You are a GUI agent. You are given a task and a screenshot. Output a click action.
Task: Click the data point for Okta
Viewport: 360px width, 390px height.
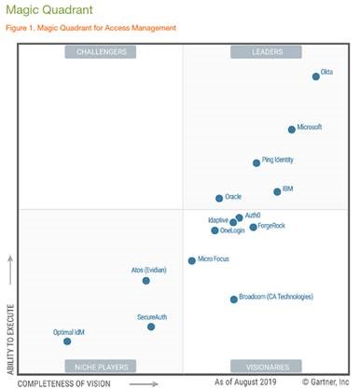pyautogui.click(x=316, y=77)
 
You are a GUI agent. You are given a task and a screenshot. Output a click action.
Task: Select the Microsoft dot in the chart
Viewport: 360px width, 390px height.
pyautogui.click(x=292, y=130)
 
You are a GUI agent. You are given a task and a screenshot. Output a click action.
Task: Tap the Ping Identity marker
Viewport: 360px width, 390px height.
pyautogui.click(x=256, y=163)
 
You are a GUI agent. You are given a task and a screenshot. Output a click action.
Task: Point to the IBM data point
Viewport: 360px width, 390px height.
pyautogui.click(x=277, y=191)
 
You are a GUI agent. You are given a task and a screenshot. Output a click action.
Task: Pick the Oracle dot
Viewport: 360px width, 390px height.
pyautogui.click(x=219, y=198)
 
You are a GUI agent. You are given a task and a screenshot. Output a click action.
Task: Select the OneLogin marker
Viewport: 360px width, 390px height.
pyautogui.click(x=215, y=230)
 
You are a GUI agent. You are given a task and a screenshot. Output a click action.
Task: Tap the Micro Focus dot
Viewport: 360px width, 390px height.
pyautogui.click(x=192, y=261)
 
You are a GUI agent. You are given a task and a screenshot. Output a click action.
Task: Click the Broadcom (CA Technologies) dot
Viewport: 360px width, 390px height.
pyautogui.click(x=234, y=299)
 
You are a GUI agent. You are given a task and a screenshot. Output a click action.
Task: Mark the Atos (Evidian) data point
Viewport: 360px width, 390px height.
pyautogui.click(x=146, y=280)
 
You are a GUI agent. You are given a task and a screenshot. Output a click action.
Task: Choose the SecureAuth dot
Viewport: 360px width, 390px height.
pyautogui.click(x=151, y=327)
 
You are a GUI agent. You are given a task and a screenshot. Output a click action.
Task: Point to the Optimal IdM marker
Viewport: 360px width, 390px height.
pyautogui.click(x=67, y=341)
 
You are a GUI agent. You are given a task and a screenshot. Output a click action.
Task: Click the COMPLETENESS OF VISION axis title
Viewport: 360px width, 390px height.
pyautogui.click(x=62, y=383)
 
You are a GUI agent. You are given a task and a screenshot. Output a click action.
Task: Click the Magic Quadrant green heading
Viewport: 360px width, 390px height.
pyautogui.click(x=45, y=10)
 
